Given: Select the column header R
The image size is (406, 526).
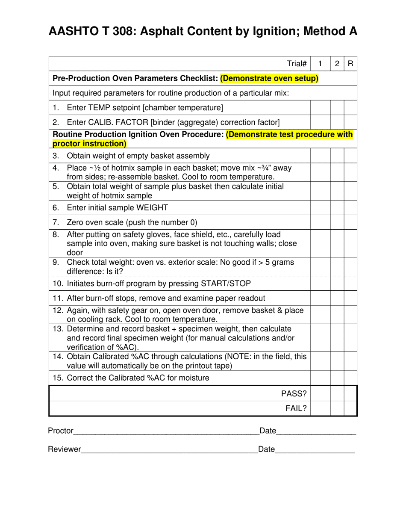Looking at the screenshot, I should (x=350, y=64).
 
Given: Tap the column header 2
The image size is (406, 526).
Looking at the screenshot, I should (x=337, y=64).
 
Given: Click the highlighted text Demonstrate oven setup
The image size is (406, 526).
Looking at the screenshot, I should (x=269, y=79).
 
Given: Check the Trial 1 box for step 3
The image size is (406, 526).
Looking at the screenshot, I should (x=320, y=156).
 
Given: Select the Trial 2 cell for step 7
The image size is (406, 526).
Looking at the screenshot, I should (x=337, y=222).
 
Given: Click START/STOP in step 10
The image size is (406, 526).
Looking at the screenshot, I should (x=227, y=283).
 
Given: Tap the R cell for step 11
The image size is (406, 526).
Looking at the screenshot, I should (x=350, y=298).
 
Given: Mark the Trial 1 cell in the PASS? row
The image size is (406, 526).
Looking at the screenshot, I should (x=320, y=393).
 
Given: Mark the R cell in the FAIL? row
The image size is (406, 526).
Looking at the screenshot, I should (x=350, y=408).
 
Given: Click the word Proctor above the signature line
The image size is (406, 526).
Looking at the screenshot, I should (x=61, y=431).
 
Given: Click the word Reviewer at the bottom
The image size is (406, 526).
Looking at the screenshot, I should (x=64, y=449).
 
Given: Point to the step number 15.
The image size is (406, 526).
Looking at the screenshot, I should (x=57, y=378).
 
